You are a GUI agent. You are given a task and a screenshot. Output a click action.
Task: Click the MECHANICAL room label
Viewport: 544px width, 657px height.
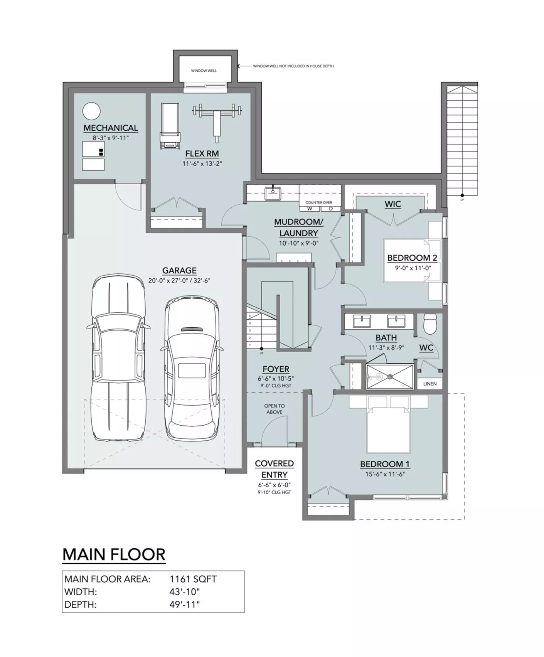(x=111, y=128)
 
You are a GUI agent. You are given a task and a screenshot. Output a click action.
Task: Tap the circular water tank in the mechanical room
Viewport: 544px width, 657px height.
(x=92, y=111)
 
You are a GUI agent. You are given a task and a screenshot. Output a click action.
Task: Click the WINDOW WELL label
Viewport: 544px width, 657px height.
(x=204, y=71)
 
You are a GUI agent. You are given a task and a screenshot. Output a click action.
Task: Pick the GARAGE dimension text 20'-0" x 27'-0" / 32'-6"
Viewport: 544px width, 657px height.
(x=179, y=281)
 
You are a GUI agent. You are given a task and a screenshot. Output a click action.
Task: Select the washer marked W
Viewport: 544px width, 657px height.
(x=310, y=209)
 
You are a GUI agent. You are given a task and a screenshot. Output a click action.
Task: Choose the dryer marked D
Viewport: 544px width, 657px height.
(x=331, y=209)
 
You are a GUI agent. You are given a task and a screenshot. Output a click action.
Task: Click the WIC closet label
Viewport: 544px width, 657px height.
(x=393, y=204)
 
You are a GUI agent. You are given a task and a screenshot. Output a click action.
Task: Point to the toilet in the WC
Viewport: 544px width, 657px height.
(x=429, y=324)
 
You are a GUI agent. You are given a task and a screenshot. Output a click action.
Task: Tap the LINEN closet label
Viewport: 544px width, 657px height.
(x=430, y=384)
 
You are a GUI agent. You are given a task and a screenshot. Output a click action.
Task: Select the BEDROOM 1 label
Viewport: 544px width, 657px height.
(x=385, y=464)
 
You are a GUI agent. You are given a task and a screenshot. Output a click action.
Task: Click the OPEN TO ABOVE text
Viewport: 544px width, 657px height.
(x=275, y=409)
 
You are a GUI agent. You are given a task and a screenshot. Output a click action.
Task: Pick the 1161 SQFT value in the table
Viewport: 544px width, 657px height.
(x=193, y=579)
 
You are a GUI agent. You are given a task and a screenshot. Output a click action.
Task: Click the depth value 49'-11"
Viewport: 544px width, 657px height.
(x=185, y=604)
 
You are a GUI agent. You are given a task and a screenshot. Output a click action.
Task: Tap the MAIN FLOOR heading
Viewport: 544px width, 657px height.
(x=114, y=554)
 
